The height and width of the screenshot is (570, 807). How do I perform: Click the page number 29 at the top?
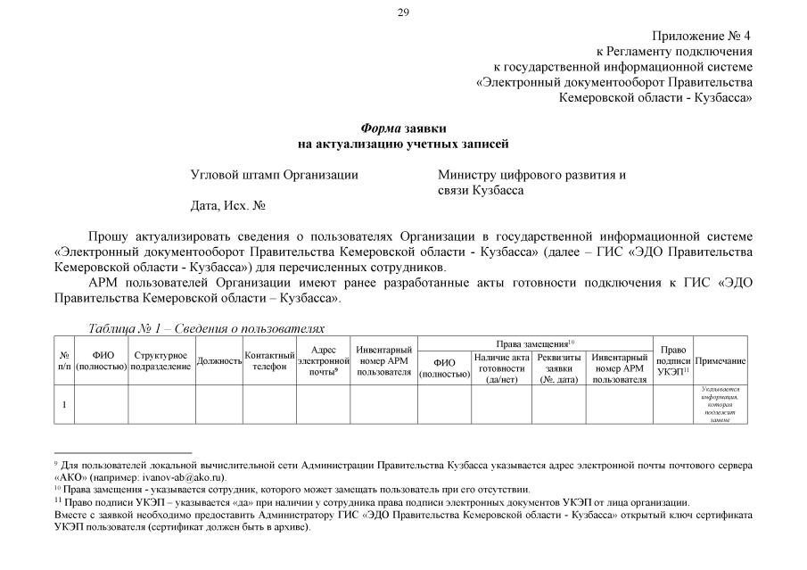pyautogui.click(x=403, y=12)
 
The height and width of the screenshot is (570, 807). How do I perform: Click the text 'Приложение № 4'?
pyautogui.click(x=702, y=36)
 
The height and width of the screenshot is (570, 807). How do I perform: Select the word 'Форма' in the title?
pyautogui.click(x=381, y=128)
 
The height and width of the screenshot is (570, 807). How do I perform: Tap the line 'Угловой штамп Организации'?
pyautogui.click(x=274, y=175)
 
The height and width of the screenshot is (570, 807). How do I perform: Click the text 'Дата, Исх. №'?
pyautogui.click(x=229, y=205)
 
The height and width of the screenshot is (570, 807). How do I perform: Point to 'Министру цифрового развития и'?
pyautogui.click(x=531, y=175)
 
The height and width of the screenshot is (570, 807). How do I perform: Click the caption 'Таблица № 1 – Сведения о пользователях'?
pyautogui.click(x=206, y=328)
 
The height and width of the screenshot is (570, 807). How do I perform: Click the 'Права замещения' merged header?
pyautogui.click(x=535, y=343)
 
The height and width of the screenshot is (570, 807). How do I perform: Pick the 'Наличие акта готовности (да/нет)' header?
pyautogui.click(x=502, y=368)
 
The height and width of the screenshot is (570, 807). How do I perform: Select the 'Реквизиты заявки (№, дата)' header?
pyautogui.click(x=559, y=368)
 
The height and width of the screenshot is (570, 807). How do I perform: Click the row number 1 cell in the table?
pyautogui.click(x=64, y=405)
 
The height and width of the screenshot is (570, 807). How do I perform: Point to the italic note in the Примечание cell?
pyautogui.click(x=721, y=405)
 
